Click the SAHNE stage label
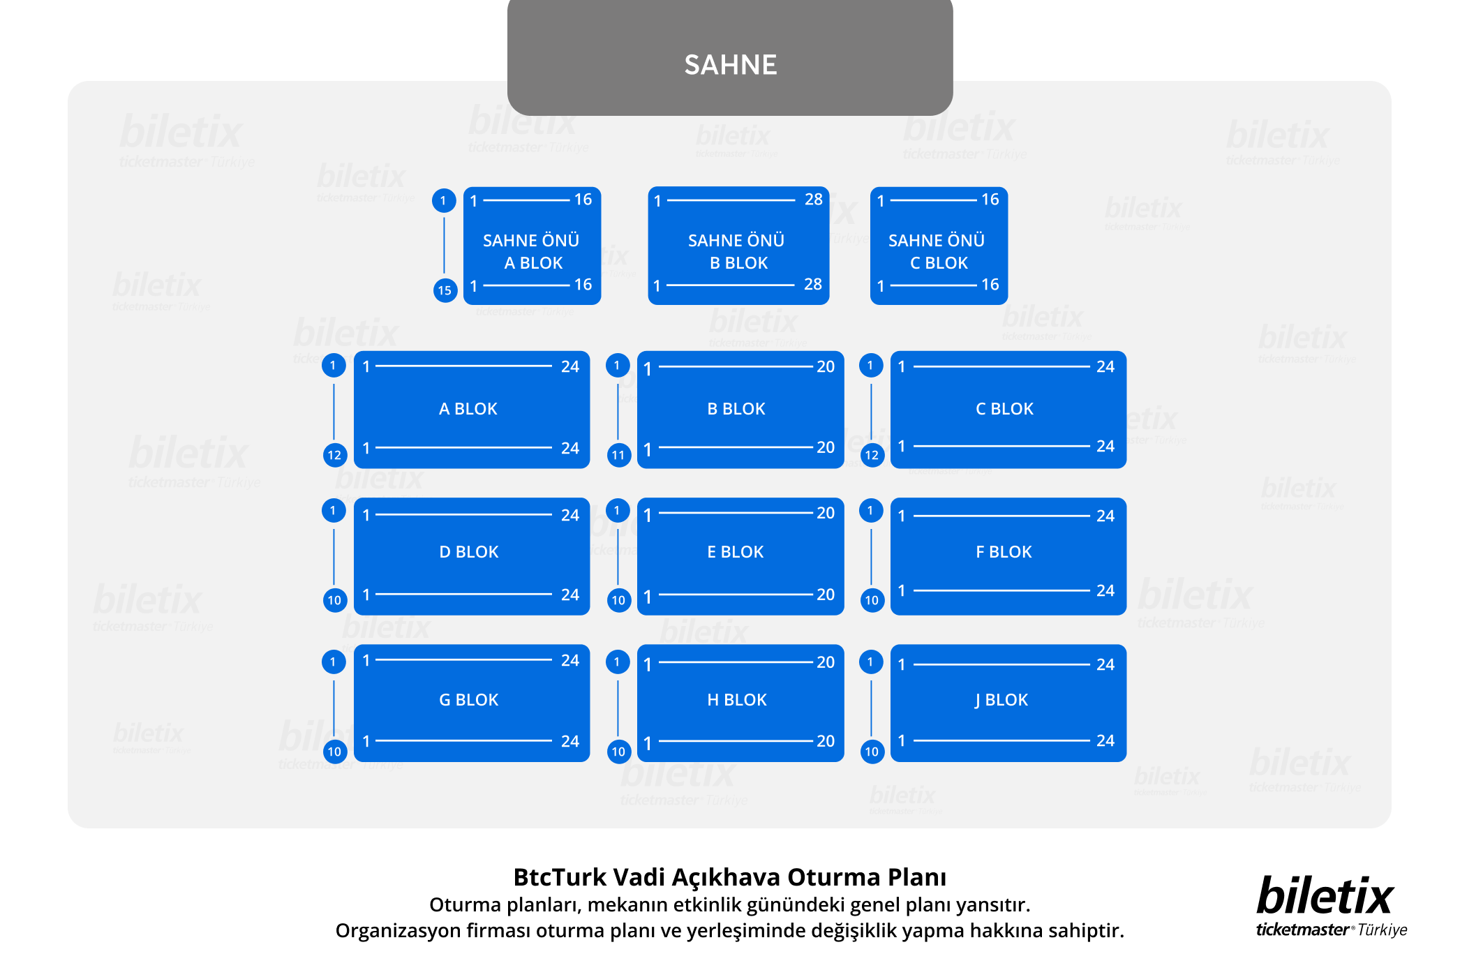tap(730, 65)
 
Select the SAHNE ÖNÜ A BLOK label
tap(531, 251)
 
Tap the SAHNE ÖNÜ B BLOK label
tap(737, 251)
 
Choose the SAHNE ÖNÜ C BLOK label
tap(937, 251)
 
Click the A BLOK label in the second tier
tap(468, 409)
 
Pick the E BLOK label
tap(736, 552)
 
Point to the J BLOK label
tap(1001, 700)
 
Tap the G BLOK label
tap(468, 700)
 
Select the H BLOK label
tap(737, 700)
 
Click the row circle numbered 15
tap(445, 290)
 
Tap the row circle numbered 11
tap(618, 456)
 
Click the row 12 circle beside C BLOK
tap(872, 456)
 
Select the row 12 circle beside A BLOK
tap(334, 456)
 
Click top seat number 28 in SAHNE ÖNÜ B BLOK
tap(813, 200)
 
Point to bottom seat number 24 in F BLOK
tap(1105, 591)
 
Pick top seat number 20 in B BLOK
tap(826, 367)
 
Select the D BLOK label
tap(469, 552)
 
